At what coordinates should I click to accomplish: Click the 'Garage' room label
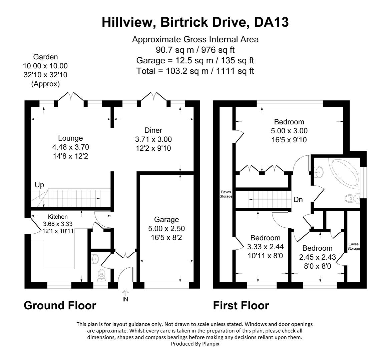pyautogui.click(x=166, y=219)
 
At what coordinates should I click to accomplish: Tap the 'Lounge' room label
pyautogui.click(x=70, y=138)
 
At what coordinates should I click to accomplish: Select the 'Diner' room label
pyautogui.click(x=153, y=130)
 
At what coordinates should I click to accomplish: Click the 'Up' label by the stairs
pyautogui.click(x=39, y=185)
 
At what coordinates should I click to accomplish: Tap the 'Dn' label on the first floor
pyautogui.click(x=298, y=200)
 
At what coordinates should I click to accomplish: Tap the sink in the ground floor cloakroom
pyautogui.click(x=95, y=258)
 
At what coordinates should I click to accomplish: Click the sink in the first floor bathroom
pyautogui.click(x=319, y=172)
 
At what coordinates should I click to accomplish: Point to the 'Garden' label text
pyautogui.click(x=45, y=57)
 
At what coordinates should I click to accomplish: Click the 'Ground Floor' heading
pyautogui.click(x=60, y=305)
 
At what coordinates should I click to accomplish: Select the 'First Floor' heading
pyautogui.click(x=241, y=305)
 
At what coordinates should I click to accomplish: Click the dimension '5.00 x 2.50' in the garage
pyautogui.click(x=166, y=228)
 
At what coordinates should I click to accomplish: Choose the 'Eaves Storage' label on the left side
pyautogui.click(x=226, y=194)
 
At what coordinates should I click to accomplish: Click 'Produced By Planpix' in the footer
pyautogui.click(x=195, y=344)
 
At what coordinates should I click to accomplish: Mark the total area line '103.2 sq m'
pyautogui.click(x=195, y=71)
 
